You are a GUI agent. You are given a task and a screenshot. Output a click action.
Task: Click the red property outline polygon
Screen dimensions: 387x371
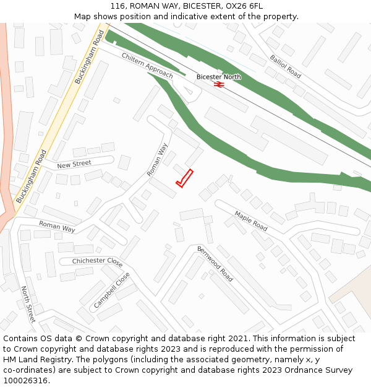tap(184, 178)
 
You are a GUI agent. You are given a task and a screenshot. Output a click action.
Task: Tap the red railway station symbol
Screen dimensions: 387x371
tap(218, 84)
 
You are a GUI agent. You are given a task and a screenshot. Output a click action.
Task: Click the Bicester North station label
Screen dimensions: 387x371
tap(218, 77)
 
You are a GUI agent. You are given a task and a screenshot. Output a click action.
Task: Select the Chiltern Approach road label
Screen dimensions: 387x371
tap(147, 65)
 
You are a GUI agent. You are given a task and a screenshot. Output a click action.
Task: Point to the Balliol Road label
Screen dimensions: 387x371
tap(285, 66)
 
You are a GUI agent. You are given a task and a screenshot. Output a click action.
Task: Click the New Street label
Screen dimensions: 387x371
tap(74, 165)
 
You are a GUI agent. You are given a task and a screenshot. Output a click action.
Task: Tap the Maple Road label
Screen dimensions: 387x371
tap(250, 221)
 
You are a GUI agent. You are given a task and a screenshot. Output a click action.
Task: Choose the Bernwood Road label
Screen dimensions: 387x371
tap(215, 264)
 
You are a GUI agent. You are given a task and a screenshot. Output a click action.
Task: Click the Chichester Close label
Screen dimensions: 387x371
tap(97, 261)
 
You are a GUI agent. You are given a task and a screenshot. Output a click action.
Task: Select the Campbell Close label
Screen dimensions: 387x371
tap(112, 290)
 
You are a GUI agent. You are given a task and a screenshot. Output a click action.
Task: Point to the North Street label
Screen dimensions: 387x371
tap(28, 304)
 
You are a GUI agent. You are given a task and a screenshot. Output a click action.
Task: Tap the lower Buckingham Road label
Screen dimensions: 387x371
tap(32, 176)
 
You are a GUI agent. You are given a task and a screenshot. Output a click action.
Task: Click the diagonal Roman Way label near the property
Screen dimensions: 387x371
tap(158, 160)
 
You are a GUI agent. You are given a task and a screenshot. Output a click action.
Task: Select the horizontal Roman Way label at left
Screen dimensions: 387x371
tap(57, 227)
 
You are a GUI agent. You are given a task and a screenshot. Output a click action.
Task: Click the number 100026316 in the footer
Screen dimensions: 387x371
tap(27, 381)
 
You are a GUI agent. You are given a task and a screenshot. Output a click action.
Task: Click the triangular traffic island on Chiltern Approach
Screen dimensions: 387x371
tap(190, 93)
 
